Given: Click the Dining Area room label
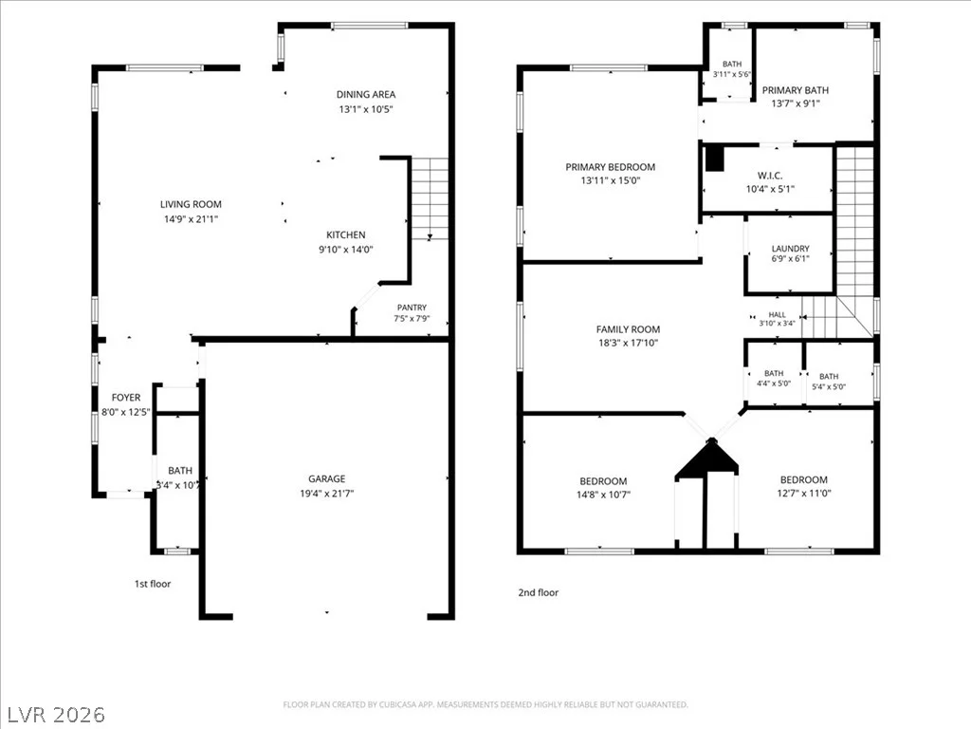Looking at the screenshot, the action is [x=365, y=94].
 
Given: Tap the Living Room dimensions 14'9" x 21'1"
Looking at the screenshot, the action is [x=191, y=219].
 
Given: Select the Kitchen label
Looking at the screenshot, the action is [x=345, y=235].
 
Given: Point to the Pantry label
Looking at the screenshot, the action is [x=412, y=308].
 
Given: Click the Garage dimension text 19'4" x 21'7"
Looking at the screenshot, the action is [x=326, y=494].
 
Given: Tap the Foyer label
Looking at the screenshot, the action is [x=126, y=398].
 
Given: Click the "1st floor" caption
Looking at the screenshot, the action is [x=153, y=584].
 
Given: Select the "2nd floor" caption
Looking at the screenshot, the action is [x=539, y=592].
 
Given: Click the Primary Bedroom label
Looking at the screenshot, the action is [x=610, y=167].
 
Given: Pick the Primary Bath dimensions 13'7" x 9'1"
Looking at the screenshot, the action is [x=796, y=103].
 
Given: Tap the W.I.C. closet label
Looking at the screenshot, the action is [x=770, y=176].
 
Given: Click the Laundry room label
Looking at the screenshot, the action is [x=790, y=249].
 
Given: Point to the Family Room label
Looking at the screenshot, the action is [x=628, y=329].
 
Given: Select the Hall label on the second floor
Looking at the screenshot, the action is [x=777, y=315].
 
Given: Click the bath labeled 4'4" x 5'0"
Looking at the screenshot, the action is [x=774, y=373].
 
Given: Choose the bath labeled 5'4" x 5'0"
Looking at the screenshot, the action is [x=829, y=376].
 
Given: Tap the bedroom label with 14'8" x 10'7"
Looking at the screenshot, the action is [x=603, y=481].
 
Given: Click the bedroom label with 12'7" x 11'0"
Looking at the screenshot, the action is [x=804, y=479].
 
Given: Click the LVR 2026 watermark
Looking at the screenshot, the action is [x=53, y=715].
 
